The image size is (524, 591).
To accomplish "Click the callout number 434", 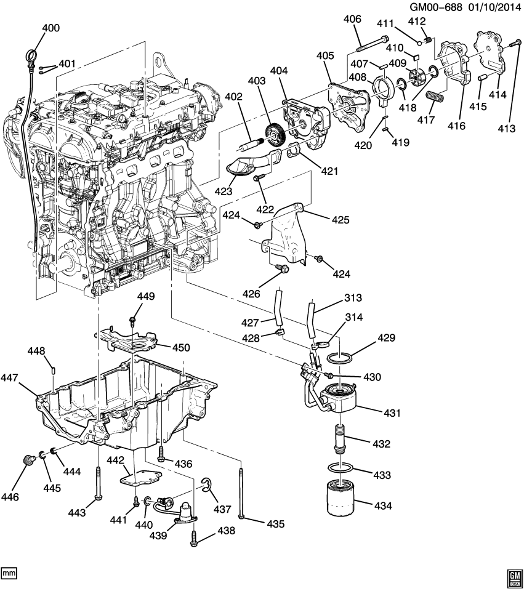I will pos(382,505).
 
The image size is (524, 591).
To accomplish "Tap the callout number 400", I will pos(51,28).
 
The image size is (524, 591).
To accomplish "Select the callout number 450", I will pos(181,348).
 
